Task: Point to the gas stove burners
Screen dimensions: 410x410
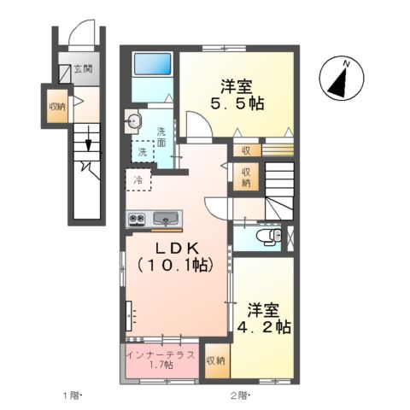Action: (137, 219)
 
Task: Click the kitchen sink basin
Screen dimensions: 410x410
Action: (166, 219)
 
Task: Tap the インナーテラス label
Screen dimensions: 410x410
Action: (161, 354)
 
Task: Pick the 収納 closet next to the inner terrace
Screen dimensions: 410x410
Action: (217, 361)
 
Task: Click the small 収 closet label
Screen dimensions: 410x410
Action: (244, 151)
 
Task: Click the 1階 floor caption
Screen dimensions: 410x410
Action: (71, 395)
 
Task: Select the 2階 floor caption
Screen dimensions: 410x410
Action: (238, 395)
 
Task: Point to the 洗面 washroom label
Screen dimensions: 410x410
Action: (161, 136)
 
